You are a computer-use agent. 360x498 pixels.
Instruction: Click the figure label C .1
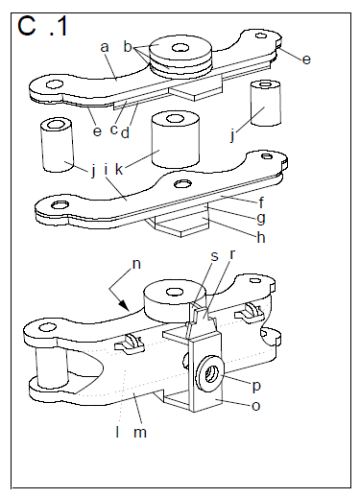42,26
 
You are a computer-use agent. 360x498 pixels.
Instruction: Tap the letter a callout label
105,47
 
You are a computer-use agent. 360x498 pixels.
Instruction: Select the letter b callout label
128,47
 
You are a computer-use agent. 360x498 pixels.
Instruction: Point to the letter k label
119,169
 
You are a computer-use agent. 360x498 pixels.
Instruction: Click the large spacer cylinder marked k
176,139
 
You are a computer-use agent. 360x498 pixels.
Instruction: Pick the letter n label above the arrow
136,265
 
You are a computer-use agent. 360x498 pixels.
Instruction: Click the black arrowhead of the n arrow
124,305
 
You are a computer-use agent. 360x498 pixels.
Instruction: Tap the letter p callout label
256,387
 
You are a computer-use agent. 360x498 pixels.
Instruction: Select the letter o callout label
256,406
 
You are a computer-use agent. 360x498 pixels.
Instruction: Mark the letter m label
140,433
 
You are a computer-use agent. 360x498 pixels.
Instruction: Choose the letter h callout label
261,237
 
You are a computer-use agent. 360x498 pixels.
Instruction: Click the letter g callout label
261,219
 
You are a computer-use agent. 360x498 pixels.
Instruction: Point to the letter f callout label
261,202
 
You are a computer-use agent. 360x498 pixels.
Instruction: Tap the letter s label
214,256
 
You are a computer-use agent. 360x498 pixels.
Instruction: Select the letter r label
232,254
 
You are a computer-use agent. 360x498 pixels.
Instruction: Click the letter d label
125,132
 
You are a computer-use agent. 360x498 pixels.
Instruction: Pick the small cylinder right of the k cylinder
266,103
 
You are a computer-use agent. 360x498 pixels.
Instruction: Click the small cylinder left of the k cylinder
57,145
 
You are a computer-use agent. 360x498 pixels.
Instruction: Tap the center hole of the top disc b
180,48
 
